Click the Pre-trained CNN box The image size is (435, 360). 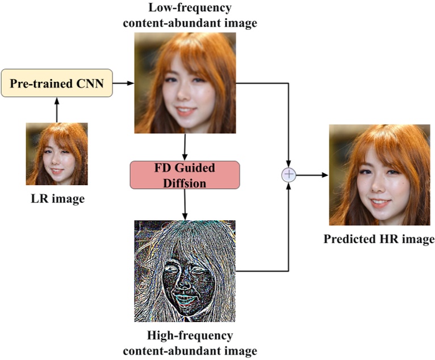coord(57,83)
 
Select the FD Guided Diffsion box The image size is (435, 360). coord(185,175)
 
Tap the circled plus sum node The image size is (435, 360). coord(289,174)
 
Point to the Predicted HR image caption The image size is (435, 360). coord(379,239)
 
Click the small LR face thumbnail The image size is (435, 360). coord(57,154)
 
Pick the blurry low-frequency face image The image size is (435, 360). coord(185,82)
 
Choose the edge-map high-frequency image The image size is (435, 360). coord(185,271)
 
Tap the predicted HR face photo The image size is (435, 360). coord(379,175)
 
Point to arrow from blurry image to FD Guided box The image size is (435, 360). coord(185,147)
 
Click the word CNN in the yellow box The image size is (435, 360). coord(92,83)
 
